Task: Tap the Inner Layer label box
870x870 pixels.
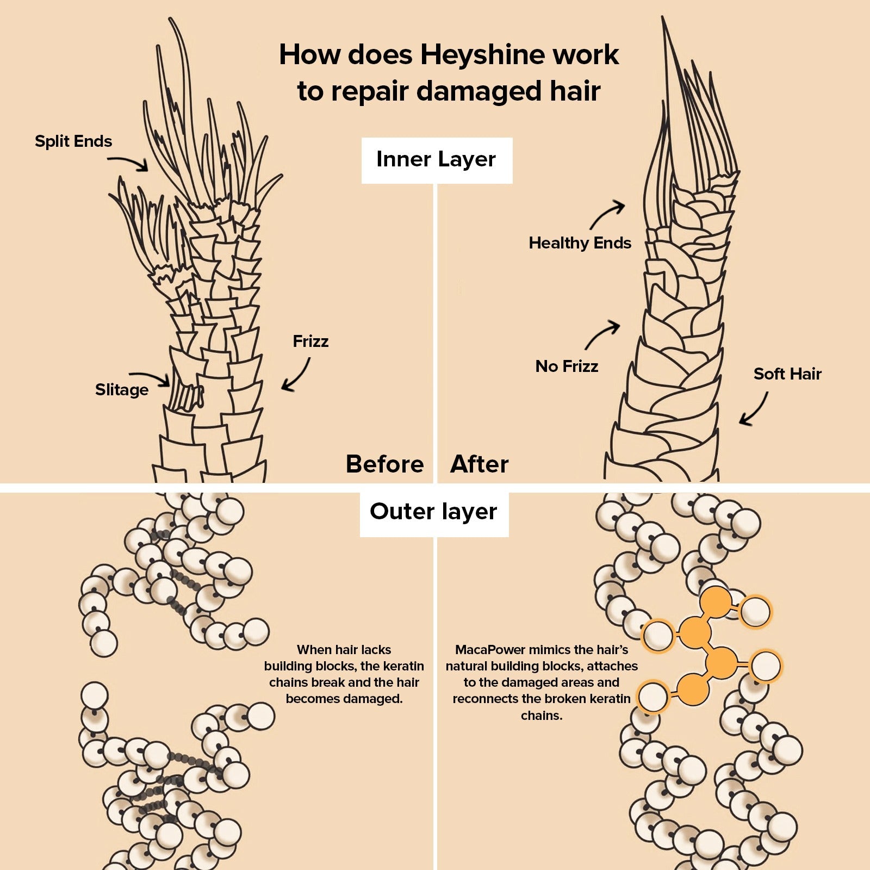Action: pyautogui.click(x=437, y=160)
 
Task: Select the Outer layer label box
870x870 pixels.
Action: pyautogui.click(x=434, y=512)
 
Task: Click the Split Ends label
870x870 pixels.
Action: pyautogui.click(x=73, y=141)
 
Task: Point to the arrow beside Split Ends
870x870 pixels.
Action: pyautogui.click(x=128, y=162)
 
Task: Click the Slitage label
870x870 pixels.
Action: pyautogui.click(x=122, y=390)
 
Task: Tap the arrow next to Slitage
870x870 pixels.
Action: pyautogui.click(x=150, y=377)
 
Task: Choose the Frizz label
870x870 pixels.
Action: pyautogui.click(x=310, y=341)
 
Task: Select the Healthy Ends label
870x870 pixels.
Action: pyautogui.click(x=580, y=243)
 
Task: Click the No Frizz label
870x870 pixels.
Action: pyautogui.click(x=567, y=366)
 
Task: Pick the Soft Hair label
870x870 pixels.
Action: pyautogui.click(x=787, y=374)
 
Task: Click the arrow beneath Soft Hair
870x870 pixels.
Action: pyautogui.click(x=755, y=409)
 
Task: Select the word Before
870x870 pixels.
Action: pyautogui.click(x=384, y=464)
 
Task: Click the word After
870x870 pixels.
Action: pyautogui.click(x=480, y=464)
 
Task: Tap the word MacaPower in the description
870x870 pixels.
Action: pyautogui.click(x=490, y=650)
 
